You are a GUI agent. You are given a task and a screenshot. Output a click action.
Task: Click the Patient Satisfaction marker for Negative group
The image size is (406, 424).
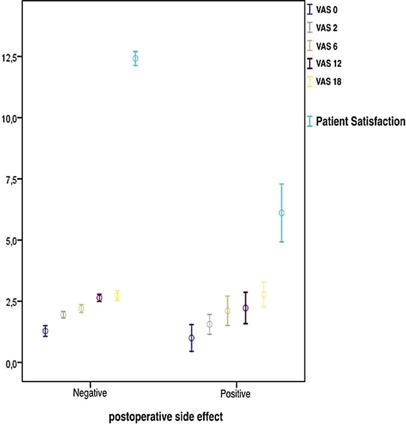[135, 58]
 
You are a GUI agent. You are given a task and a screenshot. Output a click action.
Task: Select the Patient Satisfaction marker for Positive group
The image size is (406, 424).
[282, 213]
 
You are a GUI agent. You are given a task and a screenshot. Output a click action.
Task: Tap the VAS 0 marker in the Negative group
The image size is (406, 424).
[45, 331]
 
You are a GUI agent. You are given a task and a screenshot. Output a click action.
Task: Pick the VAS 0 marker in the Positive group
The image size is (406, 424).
[192, 338]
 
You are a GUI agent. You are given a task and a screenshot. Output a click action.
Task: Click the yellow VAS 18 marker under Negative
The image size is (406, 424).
[117, 295]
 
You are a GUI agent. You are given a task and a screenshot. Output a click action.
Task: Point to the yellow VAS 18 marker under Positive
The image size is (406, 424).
[264, 295]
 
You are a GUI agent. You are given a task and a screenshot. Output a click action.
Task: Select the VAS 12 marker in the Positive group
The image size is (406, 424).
[245, 308]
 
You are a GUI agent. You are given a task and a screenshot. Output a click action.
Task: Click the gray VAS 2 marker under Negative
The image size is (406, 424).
[63, 315]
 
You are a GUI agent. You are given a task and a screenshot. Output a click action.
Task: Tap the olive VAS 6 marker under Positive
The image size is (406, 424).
[228, 310]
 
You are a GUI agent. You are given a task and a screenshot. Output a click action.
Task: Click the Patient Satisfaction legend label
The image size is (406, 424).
[360, 122]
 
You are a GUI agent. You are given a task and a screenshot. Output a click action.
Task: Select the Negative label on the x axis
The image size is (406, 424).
[90, 393]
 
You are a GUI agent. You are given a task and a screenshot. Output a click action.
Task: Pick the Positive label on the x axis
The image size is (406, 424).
[235, 394]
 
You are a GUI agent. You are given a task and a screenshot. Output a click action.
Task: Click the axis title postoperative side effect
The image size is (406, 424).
[165, 416]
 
